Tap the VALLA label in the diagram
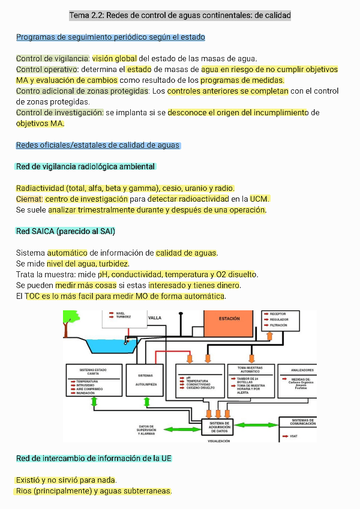[x=155, y=318]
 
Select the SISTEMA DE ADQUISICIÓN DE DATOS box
[x=220, y=427]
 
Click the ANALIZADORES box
[x=302, y=381]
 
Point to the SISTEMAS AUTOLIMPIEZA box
[x=146, y=381]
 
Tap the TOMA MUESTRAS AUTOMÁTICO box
[x=251, y=381]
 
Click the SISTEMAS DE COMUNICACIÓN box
[x=303, y=428]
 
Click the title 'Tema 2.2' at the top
[x=180, y=15]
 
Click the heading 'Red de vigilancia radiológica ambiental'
[x=86, y=166]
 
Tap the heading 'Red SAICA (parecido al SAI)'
[x=65, y=231]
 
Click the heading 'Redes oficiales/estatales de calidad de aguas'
[x=98, y=145]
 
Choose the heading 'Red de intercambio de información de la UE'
[x=94, y=459]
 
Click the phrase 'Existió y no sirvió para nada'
[x=66, y=480]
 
